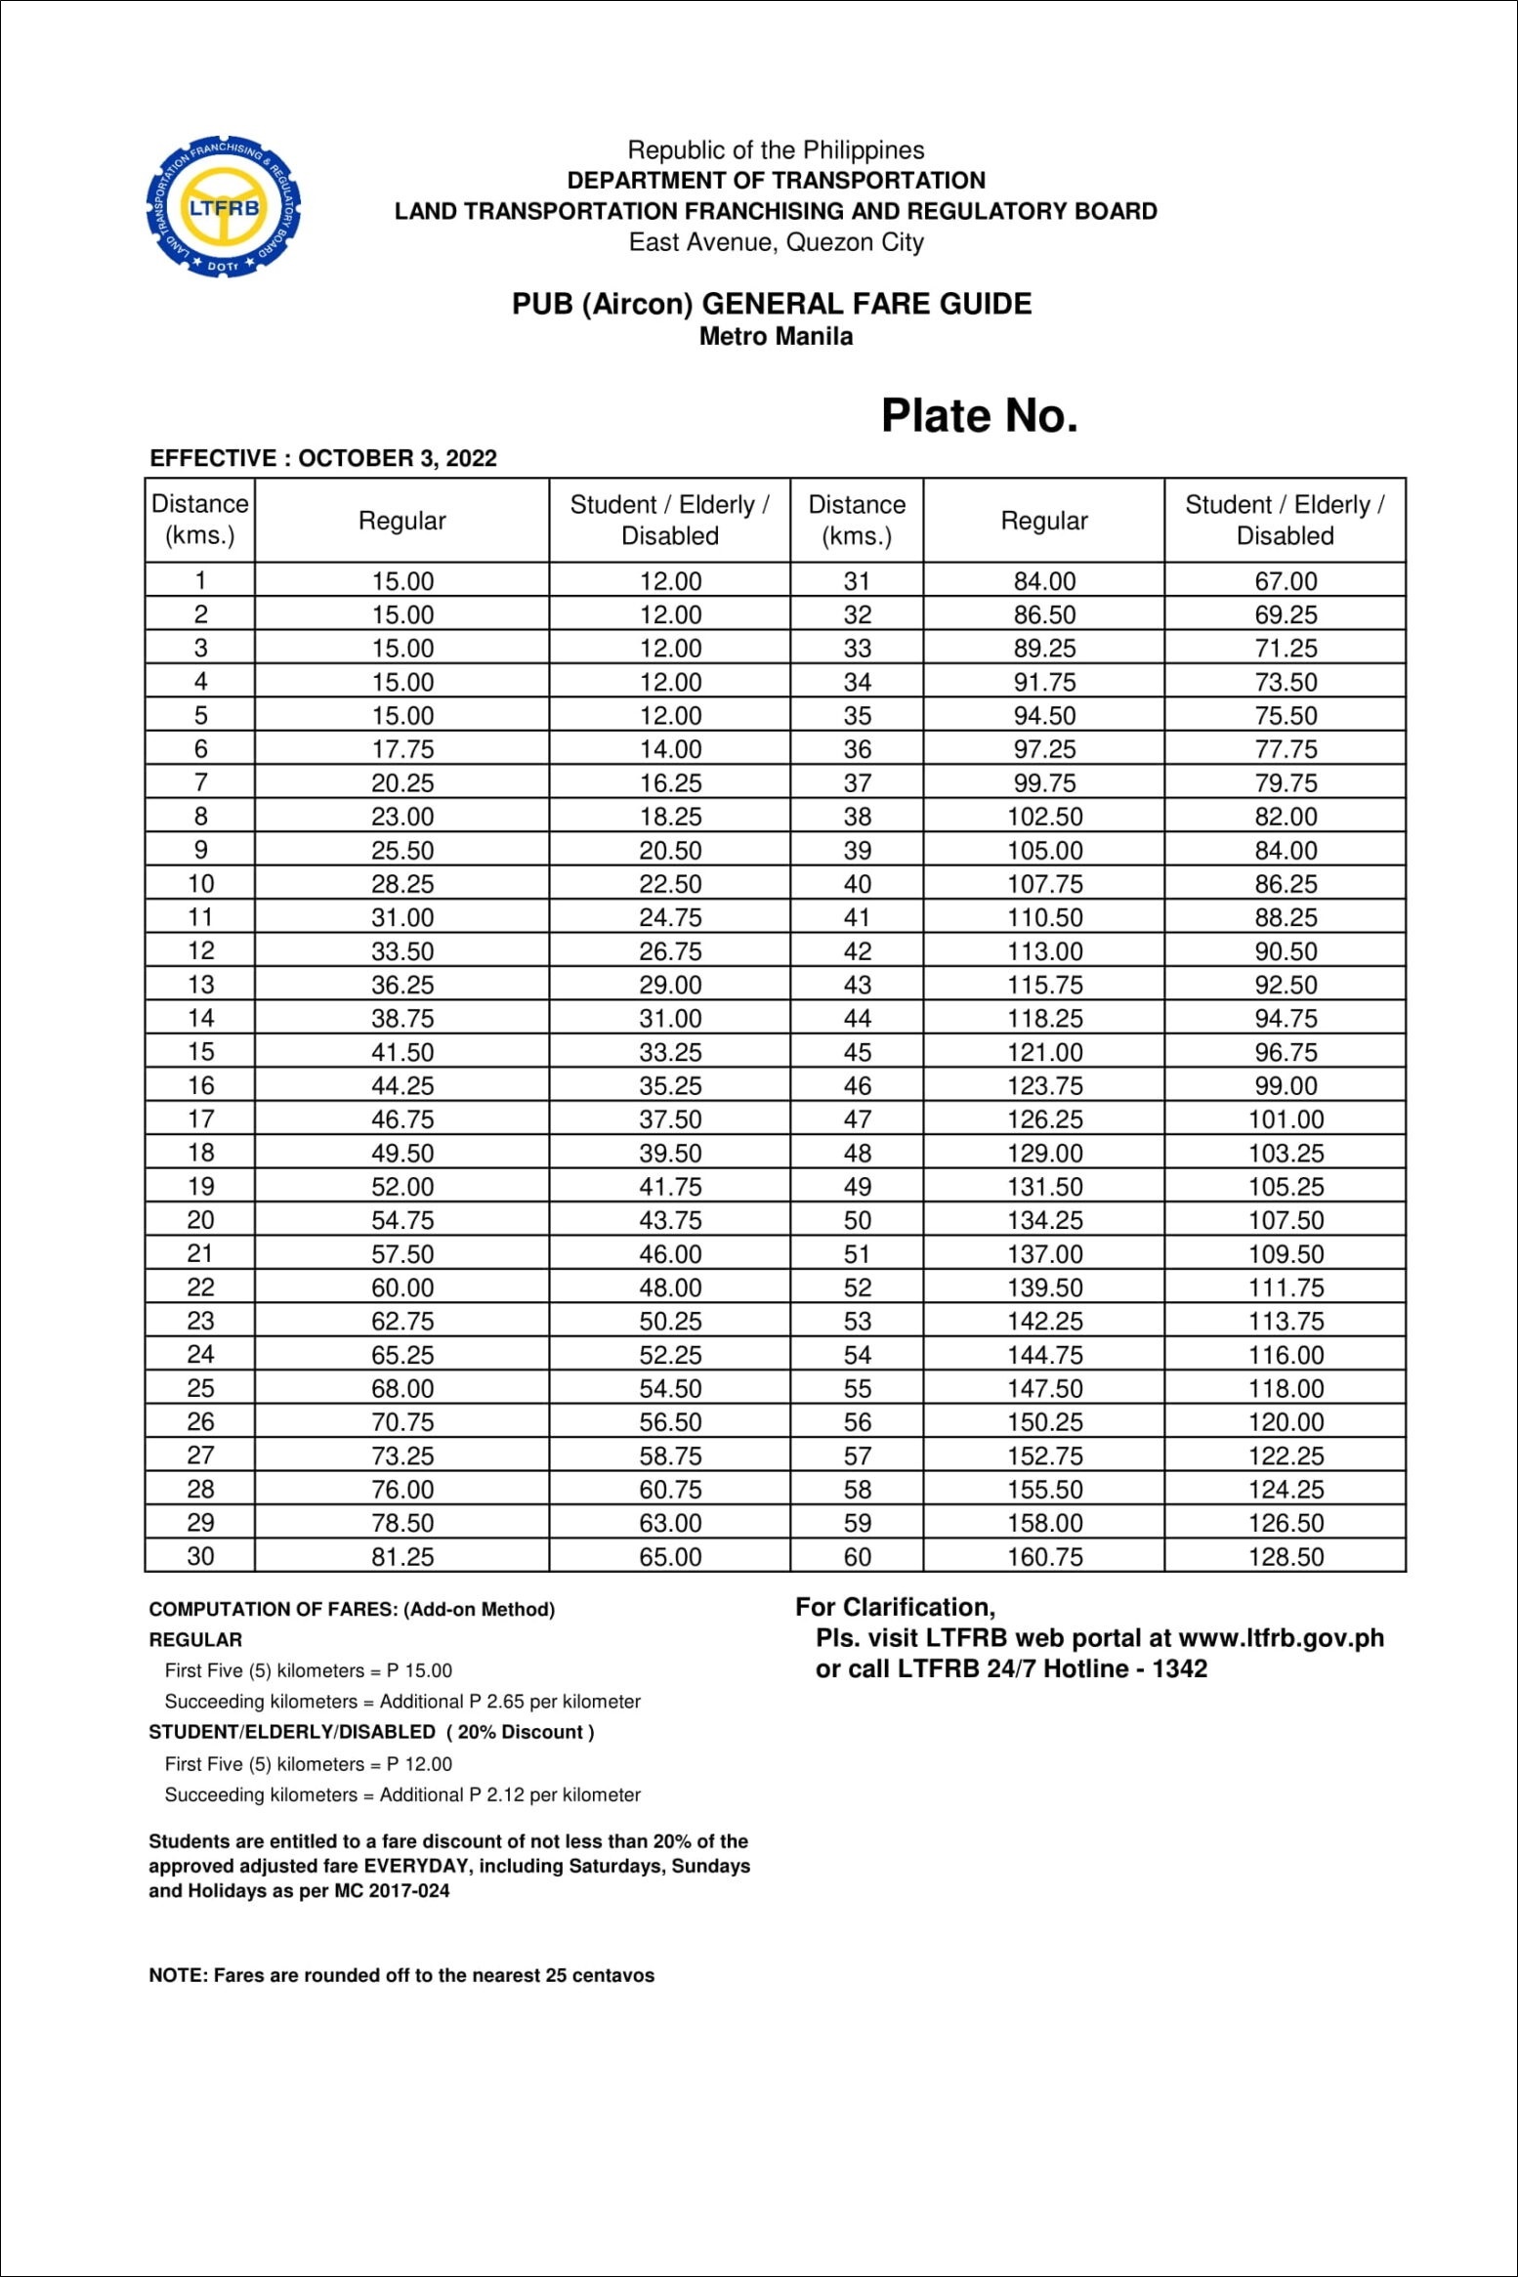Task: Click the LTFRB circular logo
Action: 224,207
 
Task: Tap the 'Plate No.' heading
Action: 979,415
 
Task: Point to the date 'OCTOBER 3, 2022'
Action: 398,458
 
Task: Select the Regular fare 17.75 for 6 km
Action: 402,749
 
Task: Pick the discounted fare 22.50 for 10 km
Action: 670,884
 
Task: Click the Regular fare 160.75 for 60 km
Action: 1044,1556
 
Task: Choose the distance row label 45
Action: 857,1052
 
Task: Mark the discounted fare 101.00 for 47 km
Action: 1286,1119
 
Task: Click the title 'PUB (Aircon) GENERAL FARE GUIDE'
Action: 772,304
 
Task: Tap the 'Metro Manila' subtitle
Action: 776,336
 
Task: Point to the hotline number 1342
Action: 1179,1668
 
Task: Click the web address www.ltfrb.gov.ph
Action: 1281,1638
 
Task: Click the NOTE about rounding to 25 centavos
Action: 401,1975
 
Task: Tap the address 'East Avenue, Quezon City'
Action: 776,242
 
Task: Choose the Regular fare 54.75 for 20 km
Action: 402,1220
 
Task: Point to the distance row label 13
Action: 200,985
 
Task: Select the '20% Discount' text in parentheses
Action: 521,1732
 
